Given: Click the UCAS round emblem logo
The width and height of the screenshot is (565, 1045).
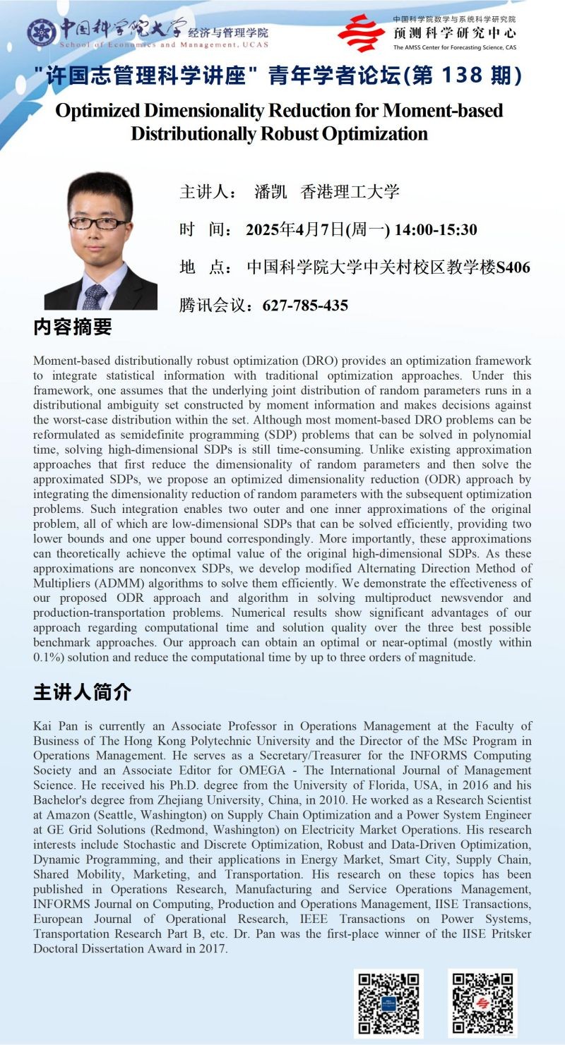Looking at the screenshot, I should pos(42,31).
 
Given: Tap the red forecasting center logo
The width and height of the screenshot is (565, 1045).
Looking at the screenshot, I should pos(361,32).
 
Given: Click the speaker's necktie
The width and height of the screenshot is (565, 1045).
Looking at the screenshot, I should pos(94,296).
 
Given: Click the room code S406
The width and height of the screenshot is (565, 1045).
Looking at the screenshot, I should pos(513,267).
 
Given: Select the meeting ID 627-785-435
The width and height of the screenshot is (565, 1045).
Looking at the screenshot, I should pos(305,306).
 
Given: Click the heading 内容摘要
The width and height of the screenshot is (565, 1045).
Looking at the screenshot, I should pos(73,327).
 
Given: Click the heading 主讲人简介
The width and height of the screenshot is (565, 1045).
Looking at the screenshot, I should pos(83,692).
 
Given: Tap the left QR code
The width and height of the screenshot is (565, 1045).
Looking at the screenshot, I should pos(388,1003).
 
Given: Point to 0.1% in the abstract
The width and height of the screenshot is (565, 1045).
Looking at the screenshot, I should pos(49,657).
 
